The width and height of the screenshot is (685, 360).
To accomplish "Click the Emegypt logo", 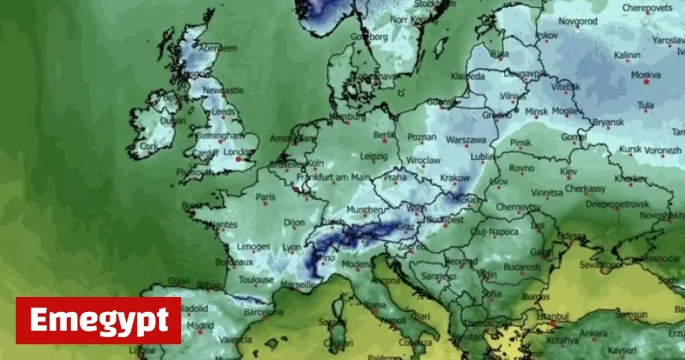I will point(98,320).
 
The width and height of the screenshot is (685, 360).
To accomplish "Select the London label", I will point(235,152).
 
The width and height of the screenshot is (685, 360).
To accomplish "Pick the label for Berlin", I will point(383,135).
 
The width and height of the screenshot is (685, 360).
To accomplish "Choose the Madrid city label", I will point(201,325).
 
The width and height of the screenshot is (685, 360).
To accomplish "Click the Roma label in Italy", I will point(374,304).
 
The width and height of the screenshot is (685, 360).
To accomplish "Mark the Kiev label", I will point(568,170).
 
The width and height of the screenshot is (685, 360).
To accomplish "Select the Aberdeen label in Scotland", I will point(218,48).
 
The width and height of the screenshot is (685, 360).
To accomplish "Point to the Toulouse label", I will point(256,279).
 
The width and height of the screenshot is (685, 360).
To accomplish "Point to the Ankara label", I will point(594,332).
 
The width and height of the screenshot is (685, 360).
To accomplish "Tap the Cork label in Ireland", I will point(148,146).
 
